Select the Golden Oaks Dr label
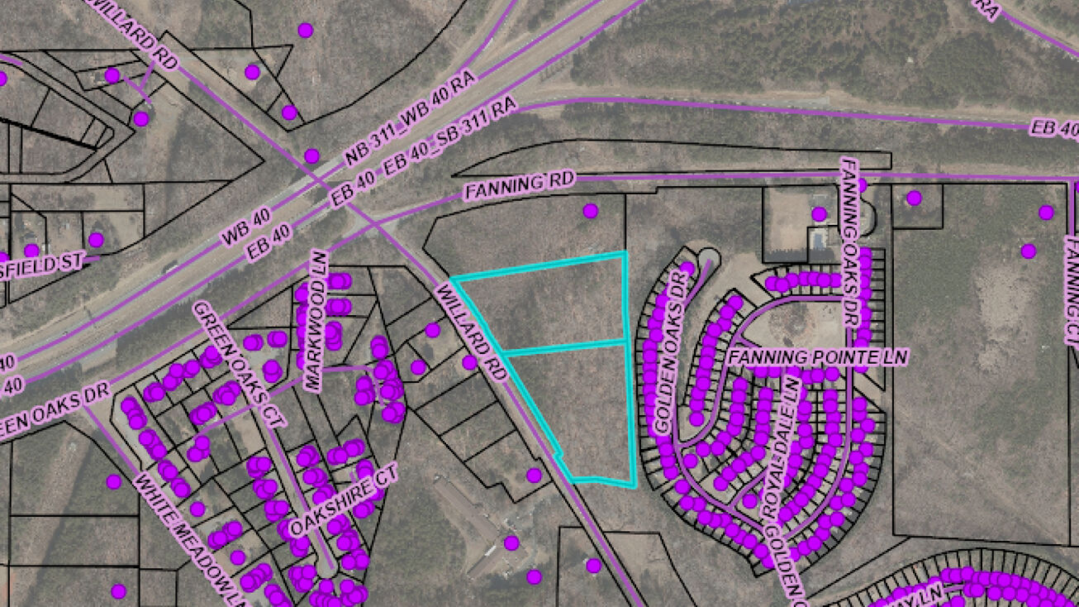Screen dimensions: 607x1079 671,348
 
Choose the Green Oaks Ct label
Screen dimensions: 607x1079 239,364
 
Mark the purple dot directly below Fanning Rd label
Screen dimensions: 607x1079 590,211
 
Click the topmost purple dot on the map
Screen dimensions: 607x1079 305,30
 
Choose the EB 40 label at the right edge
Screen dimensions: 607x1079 1054,127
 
